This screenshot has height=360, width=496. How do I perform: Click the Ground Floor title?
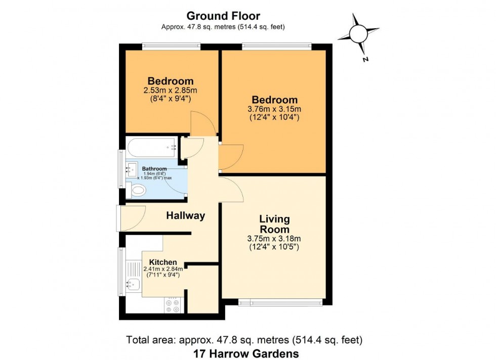(223, 16)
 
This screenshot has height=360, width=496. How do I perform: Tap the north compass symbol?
(358, 34)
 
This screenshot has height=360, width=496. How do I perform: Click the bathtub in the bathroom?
(152, 147)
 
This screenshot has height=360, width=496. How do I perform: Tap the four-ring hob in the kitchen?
(173, 305)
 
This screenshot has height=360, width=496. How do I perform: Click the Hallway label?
(186, 216)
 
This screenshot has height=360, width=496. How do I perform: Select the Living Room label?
(274, 224)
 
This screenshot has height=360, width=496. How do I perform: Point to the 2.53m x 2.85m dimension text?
(170, 91)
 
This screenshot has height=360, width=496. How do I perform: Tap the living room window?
(280, 302)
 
